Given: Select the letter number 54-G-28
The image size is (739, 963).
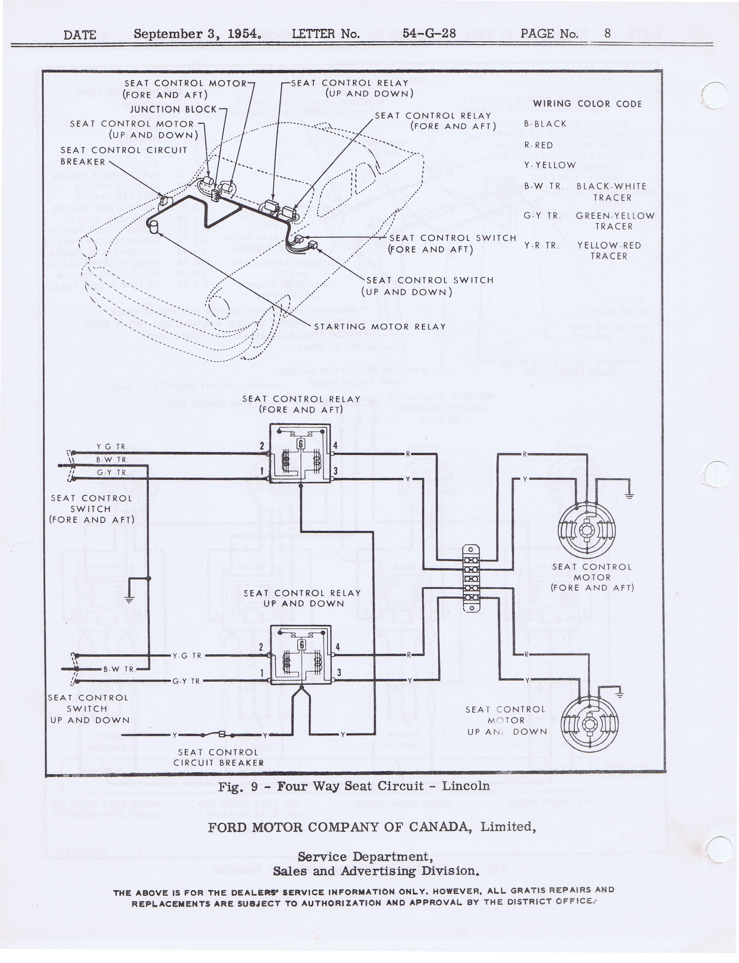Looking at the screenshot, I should (x=429, y=33).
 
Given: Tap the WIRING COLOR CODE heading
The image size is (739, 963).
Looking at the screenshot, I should (x=587, y=104).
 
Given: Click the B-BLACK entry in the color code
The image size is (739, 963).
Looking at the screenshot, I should (x=545, y=124).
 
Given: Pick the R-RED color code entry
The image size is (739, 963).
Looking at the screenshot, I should (x=538, y=145).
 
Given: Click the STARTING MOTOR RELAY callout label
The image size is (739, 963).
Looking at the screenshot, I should (x=380, y=327).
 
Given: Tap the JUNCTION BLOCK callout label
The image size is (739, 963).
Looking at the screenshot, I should (x=173, y=109).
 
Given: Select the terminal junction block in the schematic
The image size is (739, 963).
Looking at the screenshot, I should (x=471, y=578).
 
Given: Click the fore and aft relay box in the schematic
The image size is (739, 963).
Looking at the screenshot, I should (x=300, y=453).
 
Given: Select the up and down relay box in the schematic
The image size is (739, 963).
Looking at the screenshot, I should (x=300, y=655).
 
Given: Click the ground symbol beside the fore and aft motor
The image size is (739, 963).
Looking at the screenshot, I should (x=629, y=496).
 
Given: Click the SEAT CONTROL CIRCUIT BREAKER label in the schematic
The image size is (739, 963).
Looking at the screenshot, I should (x=218, y=758).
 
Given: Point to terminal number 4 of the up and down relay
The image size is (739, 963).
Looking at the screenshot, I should (x=338, y=647).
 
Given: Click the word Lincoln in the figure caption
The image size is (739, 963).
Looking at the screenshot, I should (x=465, y=786).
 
